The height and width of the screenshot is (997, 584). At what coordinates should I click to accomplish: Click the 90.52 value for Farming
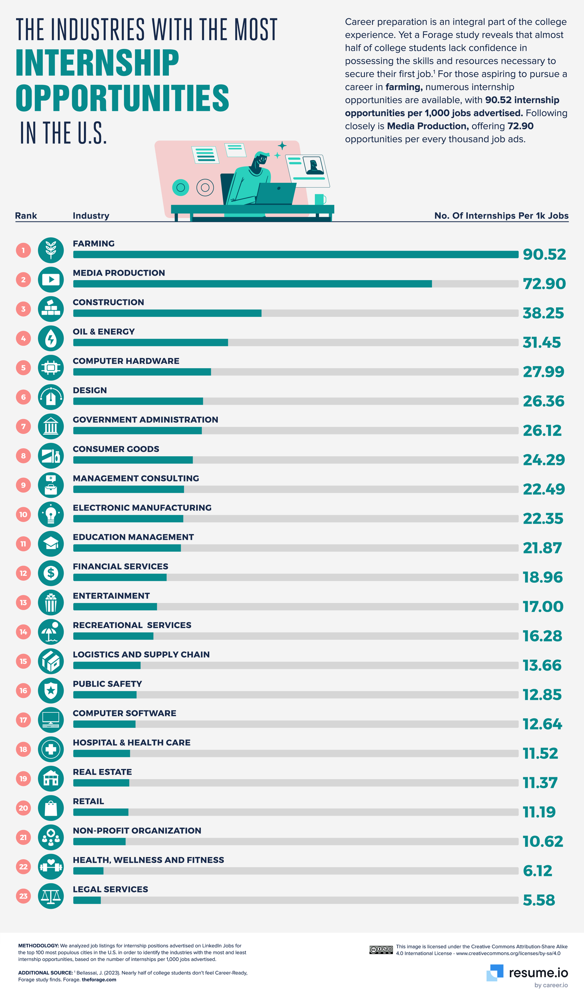(x=544, y=254)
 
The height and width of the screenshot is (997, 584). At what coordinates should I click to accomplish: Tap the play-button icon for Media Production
(x=51, y=280)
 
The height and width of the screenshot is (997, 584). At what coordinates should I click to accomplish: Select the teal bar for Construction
(x=167, y=313)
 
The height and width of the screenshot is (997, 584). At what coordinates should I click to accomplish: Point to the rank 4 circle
(x=23, y=338)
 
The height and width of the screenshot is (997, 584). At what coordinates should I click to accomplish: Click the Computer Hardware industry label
(x=126, y=361)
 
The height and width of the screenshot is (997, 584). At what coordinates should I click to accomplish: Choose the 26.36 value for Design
(x=543, y=401)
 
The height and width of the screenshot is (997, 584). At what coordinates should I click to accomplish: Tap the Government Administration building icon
(x=51, y=426)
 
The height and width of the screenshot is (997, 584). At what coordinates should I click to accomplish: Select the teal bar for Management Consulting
(x=129, y=489)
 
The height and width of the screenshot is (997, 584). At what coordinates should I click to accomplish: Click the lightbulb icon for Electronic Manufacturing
(x=51, y=514)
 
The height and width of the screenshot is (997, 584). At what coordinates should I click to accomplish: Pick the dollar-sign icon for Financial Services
(x=51, y=573)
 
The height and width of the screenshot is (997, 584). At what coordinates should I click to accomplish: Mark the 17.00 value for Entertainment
(x=543, y=606)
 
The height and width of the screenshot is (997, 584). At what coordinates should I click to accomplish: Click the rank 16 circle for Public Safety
(x=23, y=690)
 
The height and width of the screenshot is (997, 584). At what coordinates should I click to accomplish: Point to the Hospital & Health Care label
(x=131, y=743)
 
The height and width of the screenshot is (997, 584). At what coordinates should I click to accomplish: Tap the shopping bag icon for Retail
(x=51, y=808)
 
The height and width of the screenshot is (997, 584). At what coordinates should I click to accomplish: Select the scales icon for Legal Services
(x=51, y=896)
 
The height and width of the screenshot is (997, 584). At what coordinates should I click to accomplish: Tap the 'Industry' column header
(x=91, y=216)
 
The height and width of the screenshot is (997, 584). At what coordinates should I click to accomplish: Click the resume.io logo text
(x=538, y=972)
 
